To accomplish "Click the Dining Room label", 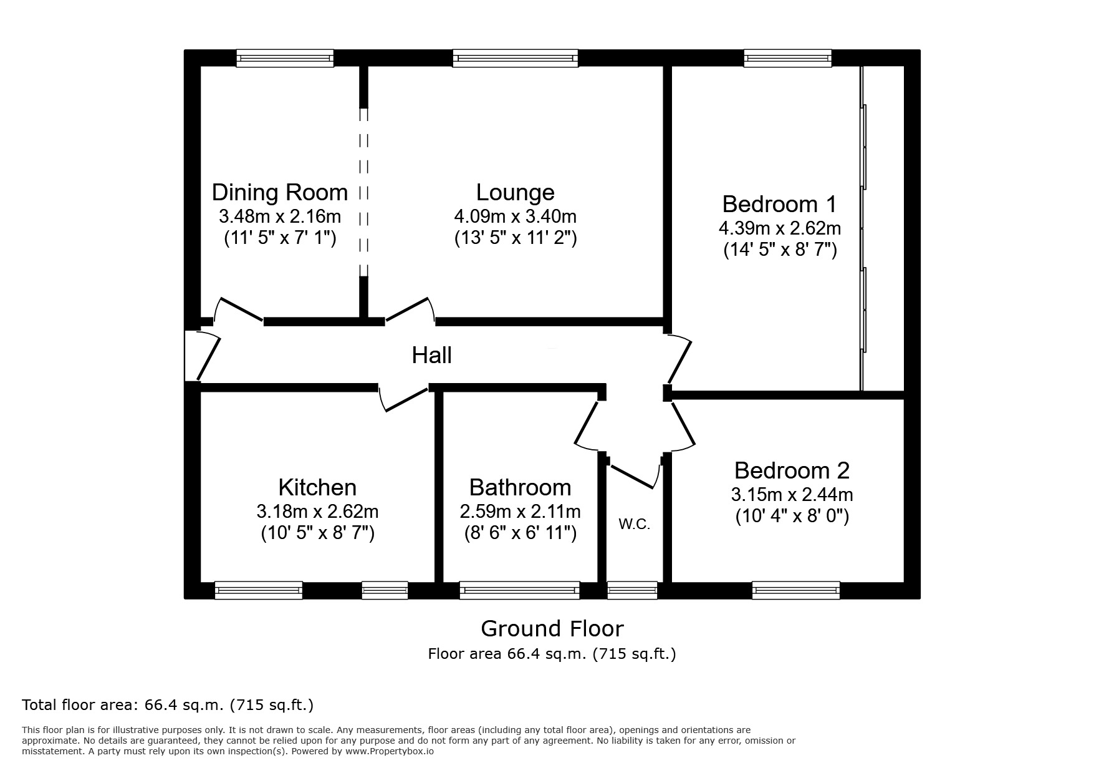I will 280,192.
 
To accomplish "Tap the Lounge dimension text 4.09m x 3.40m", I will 515,216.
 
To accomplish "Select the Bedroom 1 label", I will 779,204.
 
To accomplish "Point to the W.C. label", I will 634,525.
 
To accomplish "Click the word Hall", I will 431,356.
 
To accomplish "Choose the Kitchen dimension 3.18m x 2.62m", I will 317,512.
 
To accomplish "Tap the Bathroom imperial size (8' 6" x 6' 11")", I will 520,533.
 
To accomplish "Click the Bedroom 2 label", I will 792,470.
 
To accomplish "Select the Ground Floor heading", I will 552,628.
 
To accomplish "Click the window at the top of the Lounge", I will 515,59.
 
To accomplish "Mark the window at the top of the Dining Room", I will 285,59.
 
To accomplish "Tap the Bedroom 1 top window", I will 787,59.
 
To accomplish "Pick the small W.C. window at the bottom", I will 632,590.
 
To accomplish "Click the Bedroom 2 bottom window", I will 795,590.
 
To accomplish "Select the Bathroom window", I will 519,590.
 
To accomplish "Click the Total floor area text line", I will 168,706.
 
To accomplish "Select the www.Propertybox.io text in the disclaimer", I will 389,752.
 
